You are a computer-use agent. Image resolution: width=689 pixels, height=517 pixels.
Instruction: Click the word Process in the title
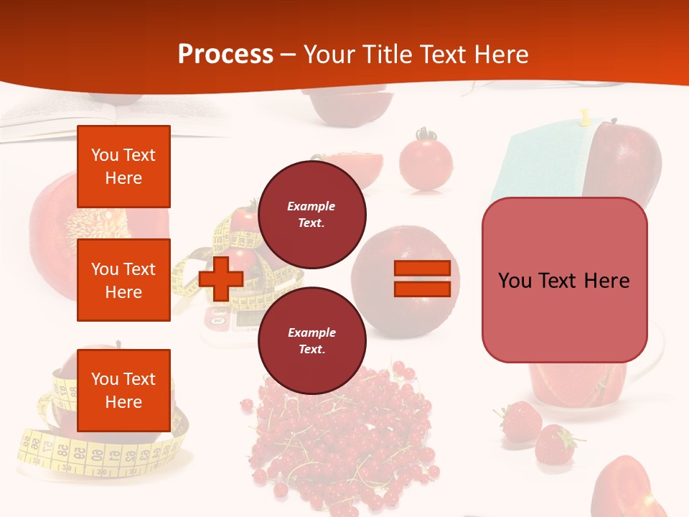pos(225,55)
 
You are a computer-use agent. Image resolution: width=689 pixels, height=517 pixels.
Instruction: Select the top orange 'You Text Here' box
pos(123,167)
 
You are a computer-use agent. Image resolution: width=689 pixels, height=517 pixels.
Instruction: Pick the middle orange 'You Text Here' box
pos(123,280)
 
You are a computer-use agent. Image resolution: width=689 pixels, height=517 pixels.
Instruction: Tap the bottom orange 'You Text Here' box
pos(123,390)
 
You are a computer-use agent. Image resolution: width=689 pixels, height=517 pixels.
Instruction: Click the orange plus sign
pos(221,278)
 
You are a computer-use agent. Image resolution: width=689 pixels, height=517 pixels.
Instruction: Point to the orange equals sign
pos(422,279)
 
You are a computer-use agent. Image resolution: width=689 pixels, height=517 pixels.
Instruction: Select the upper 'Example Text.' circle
pos(311,214)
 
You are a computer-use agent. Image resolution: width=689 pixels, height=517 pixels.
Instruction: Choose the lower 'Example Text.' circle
pos(311,340)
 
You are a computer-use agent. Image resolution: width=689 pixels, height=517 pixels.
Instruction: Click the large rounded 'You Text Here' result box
pos(564,280)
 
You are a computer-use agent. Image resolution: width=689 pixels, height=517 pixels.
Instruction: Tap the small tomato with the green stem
pos(425,162)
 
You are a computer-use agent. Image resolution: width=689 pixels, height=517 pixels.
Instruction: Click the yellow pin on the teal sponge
pos(585,117)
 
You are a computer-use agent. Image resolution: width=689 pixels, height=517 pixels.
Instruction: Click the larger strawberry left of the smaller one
pos(520,421)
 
